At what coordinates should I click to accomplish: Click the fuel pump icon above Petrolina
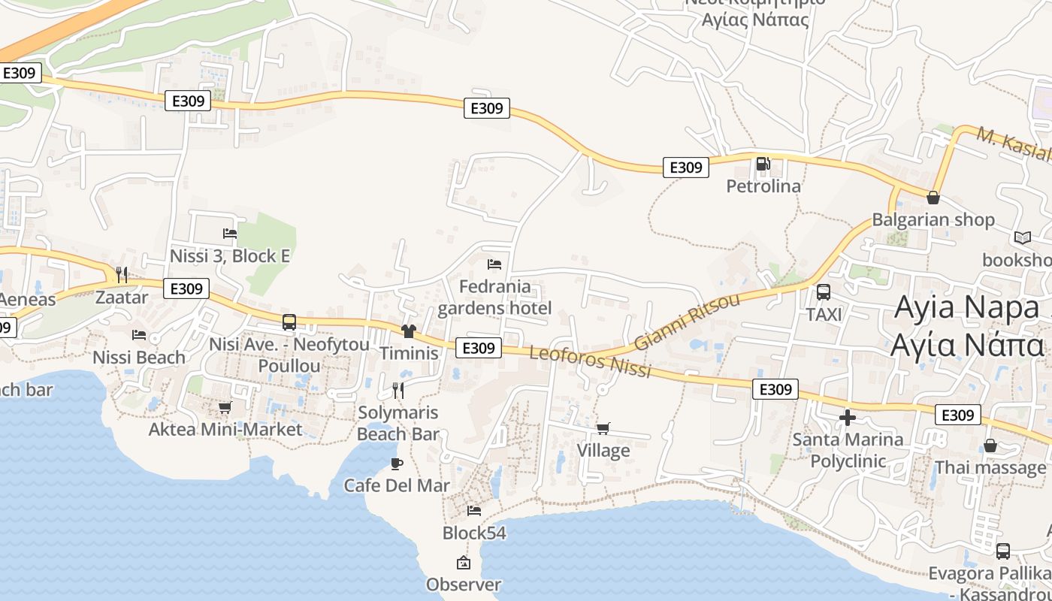click(x=763, y=163)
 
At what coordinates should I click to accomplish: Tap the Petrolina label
click(x=763, y=186)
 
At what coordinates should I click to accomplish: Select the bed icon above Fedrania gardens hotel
click(x=494, y=264)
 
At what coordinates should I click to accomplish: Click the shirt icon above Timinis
click(x=409, y=331)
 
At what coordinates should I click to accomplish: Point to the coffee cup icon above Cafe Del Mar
click(x=397, y=464)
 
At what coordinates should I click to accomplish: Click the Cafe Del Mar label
click(x=397, y=485)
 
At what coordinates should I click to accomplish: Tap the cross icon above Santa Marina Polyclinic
click(x=848, y=417)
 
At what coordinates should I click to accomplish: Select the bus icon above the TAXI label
click(x=824, y=292)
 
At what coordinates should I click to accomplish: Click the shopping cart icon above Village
click(x=603, y=428)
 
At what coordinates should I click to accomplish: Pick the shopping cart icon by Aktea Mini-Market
click(x=225, y=407)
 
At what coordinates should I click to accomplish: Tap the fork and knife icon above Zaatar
click(x=122, y=274)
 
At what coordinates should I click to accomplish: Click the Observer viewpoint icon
click(x=464, y=562)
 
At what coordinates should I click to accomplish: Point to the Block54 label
click(x=474, y=533)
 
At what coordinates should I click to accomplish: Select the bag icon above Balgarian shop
click(x=933, y=198)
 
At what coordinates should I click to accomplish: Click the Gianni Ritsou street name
click(x=687, y=322)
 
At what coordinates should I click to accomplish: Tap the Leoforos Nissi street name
click(x=590, y=362)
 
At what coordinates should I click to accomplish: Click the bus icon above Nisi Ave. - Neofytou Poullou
click(x=289, y=322)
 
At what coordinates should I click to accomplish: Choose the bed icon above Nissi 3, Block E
click(x=230, y=234)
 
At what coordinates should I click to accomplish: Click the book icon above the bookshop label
click(x=1022, y=237)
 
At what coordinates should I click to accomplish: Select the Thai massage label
click(x=990, y=467)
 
